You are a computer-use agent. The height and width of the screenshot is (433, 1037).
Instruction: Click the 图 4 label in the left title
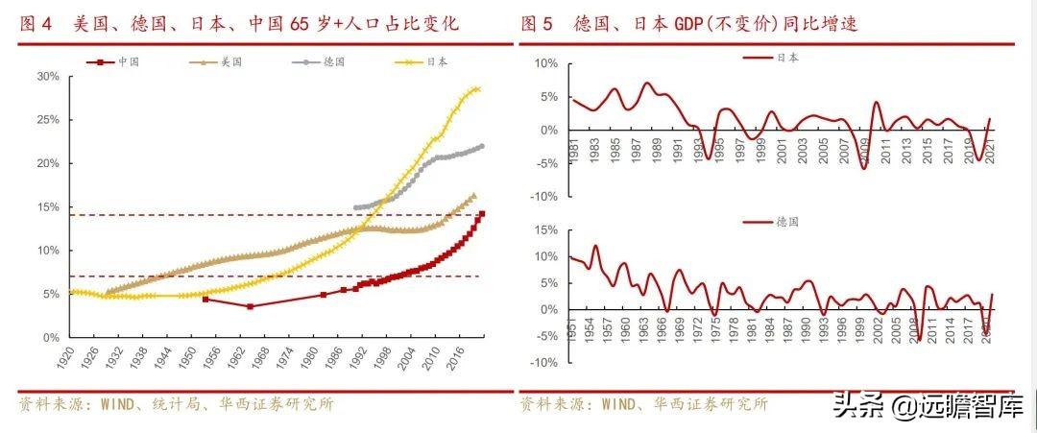click(x=36, y=24)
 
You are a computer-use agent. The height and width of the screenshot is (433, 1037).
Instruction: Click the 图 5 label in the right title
click(x=536, y=24)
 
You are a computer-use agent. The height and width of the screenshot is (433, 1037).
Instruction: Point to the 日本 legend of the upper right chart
click(x=787, y=58)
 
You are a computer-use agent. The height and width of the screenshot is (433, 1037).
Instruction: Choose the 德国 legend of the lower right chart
click(x=787, y=221)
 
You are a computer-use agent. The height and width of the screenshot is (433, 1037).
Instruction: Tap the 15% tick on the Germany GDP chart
click(x=544, y=230)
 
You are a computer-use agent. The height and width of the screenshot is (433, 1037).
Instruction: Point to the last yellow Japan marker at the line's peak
click(x=477, y=89)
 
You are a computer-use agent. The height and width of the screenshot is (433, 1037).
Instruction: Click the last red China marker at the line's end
click(x=481, y=213)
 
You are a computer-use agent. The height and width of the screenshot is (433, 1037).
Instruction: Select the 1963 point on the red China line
click(x=250, y=306)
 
